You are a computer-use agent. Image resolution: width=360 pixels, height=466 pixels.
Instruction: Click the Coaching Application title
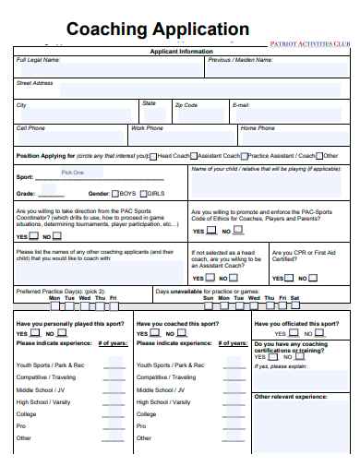coord(157,29)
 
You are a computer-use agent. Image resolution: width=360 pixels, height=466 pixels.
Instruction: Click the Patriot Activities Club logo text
coord(310,43)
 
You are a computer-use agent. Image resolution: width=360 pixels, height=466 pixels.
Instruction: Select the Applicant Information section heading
coord(182,52)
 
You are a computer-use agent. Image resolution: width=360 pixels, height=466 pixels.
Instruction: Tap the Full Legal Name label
coord(38,60)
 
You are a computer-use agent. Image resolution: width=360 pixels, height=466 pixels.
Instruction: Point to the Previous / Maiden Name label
coord(240,60)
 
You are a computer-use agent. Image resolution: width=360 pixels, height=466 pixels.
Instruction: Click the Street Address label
coord(34,83)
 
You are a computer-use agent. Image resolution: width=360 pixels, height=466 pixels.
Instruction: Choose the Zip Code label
coord(186,105)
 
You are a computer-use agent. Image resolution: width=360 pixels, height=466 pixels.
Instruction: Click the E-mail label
coord(241,105)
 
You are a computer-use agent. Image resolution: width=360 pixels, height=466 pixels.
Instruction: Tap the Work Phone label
coord(147,128)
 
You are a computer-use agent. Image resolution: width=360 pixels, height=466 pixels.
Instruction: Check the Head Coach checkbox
coord(153,156)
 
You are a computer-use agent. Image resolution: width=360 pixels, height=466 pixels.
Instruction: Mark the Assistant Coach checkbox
coord(193,156)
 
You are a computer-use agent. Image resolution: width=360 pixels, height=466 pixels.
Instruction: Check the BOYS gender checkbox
coord(115,194)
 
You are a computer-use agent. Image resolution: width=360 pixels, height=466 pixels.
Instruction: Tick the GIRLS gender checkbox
coord(143,194)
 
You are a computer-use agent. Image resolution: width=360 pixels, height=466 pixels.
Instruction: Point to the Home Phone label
coord(258,128)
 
